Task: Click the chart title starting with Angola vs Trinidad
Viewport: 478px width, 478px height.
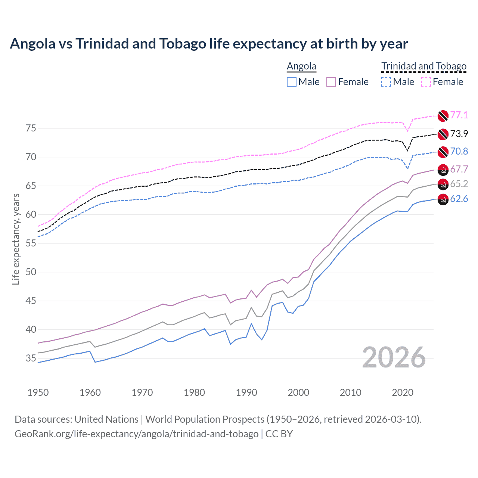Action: (209, 44)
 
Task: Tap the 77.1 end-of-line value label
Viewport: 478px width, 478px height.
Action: (459, 115)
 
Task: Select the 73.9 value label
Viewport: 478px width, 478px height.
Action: (459, 134)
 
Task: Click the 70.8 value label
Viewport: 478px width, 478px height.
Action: (459, 151)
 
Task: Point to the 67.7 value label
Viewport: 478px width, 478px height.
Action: (459, 169)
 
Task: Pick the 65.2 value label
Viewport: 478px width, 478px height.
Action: (459, 184)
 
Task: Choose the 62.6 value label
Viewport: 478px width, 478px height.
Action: (459, 199)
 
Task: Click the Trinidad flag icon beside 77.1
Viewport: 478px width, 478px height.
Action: (443, 116)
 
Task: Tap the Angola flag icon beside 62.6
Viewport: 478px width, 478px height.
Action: (443, 199)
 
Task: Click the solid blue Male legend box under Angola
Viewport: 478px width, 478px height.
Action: (292, 82)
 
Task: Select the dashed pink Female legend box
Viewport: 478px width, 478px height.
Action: (426, 82)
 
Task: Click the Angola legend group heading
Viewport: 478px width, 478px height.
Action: (301, 66)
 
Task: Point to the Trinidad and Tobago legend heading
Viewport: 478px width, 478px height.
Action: (424, 66)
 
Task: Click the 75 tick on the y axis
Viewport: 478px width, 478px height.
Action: (31, 128)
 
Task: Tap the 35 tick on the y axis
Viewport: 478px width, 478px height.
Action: (31, 358)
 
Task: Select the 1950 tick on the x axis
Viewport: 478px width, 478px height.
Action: (38, 392)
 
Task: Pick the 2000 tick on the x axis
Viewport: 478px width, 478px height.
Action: (298, 392)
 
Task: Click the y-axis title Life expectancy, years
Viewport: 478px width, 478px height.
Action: (16, 239)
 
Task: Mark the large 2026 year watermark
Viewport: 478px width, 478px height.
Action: (394, 357)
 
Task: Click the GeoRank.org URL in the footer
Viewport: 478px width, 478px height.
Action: (136, 434)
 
